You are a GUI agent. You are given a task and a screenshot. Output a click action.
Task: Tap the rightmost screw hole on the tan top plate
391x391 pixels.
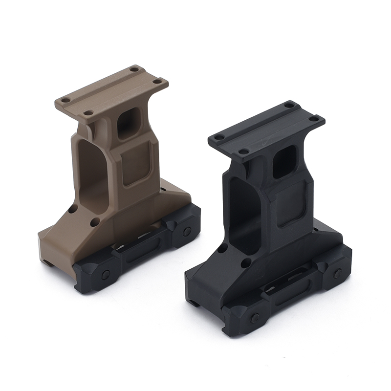pos(157,82)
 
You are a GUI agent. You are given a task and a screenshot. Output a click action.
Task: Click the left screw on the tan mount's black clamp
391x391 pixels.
pos(106,274)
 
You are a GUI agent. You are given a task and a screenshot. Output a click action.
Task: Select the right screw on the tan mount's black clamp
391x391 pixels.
pos(187,231)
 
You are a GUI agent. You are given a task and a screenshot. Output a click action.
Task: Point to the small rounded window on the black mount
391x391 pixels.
pos(284,161)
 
